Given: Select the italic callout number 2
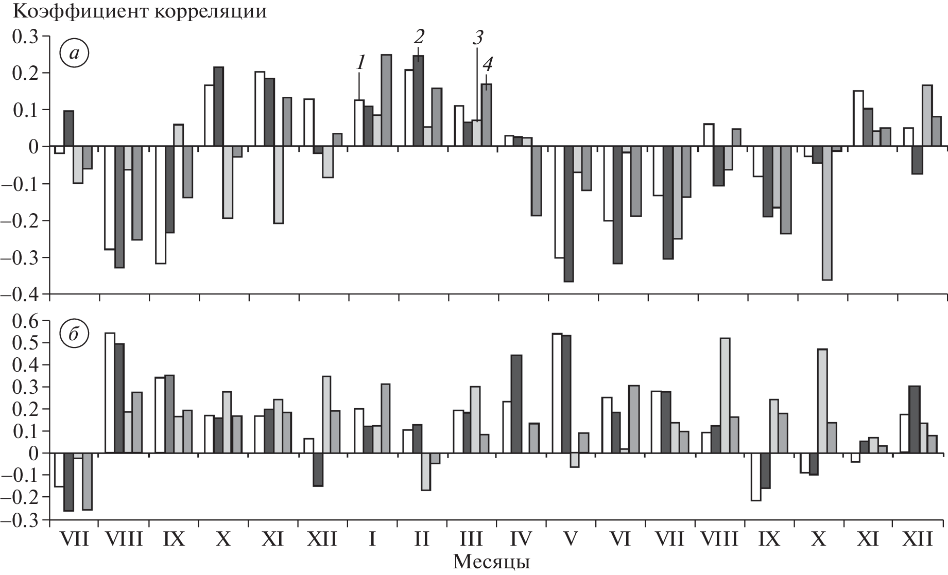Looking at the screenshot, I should click(x=419, y=37).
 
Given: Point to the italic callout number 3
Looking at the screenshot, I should click(x=477, y=37).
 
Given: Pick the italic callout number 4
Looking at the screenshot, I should click(x=487, y=65).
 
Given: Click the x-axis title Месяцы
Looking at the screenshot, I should click(x=491, y=562).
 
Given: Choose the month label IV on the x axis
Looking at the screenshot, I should click(x=521, y=539).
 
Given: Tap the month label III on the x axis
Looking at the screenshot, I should click(x=471, y=539).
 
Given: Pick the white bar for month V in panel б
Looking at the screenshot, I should click(x=557, y=393).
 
